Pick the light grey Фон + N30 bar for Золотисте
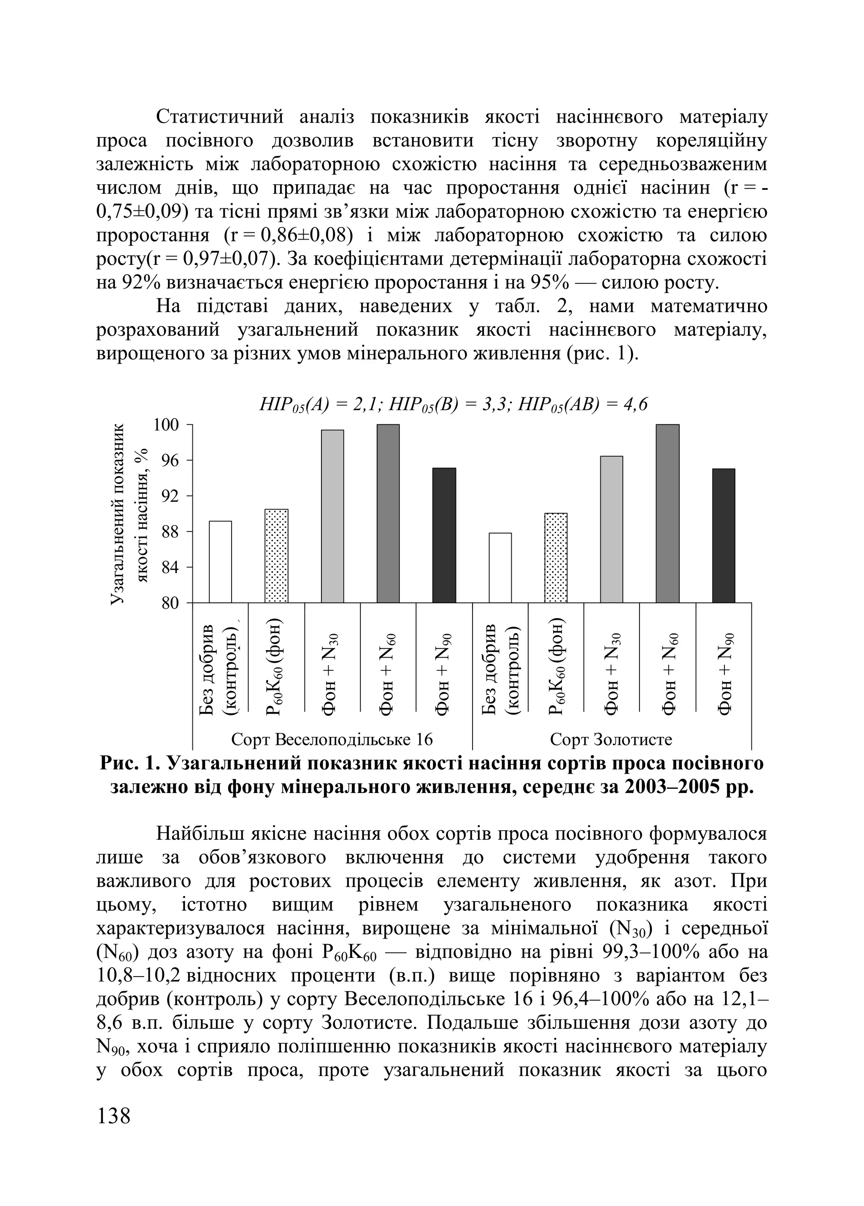pyautogui.click(x=611, y=529)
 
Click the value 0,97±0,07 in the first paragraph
pyautogui.click(x=226, y=259)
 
